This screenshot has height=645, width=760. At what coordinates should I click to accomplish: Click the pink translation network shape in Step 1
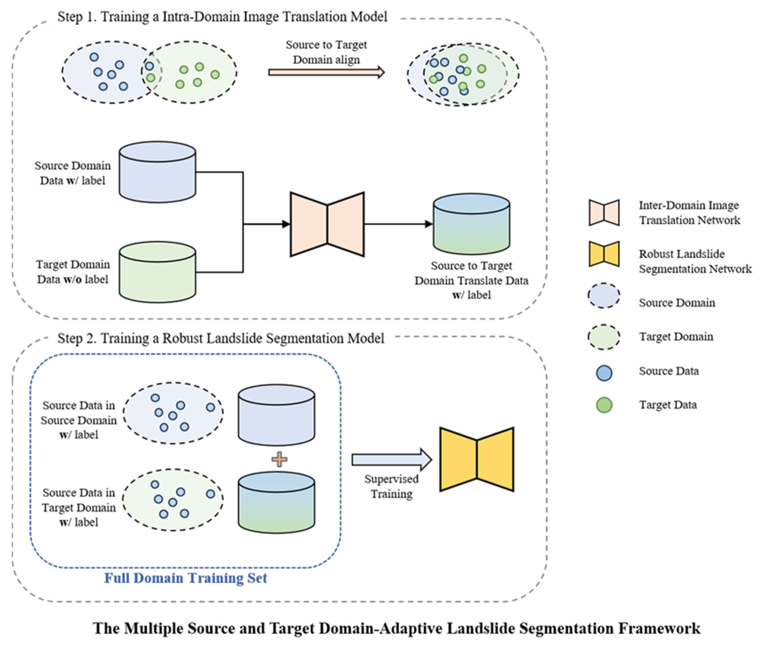(327, 224)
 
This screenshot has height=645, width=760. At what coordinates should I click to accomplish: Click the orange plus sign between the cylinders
(279, 459)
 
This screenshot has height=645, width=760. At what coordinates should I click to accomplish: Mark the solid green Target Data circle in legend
(604, 405)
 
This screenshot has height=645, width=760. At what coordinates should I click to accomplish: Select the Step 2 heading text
(221, 338)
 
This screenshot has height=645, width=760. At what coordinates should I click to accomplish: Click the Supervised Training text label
(391, 486)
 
